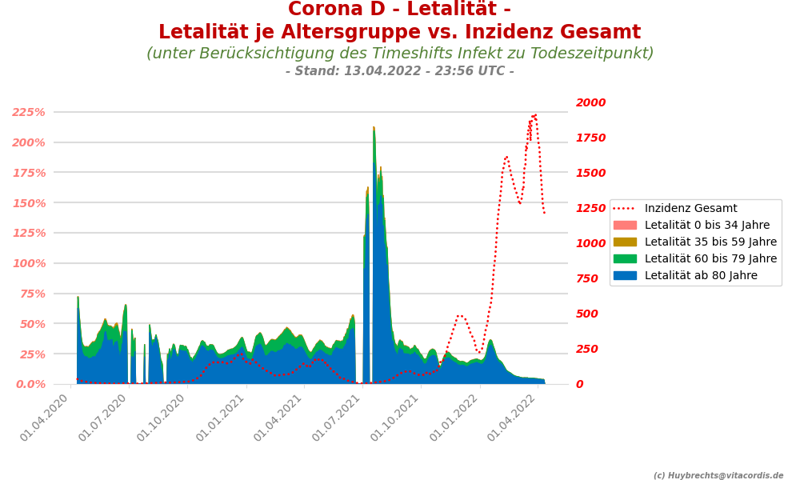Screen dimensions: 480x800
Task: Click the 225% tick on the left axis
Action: pos(39,112)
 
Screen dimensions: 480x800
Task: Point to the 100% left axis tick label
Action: pos(39,263)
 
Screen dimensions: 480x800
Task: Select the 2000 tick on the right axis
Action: pos(590,102)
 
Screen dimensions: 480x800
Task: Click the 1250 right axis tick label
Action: pos(590,208)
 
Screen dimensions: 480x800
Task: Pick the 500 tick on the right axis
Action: pos(587,314)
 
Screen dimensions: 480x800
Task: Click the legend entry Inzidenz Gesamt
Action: pos(690,209)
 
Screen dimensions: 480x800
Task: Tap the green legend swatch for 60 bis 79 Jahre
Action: pos(626,259)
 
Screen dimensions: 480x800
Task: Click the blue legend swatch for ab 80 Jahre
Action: pos(626,276)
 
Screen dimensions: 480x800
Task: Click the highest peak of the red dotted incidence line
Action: pos(534,115)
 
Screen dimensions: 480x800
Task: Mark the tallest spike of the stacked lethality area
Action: pos(374,128)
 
